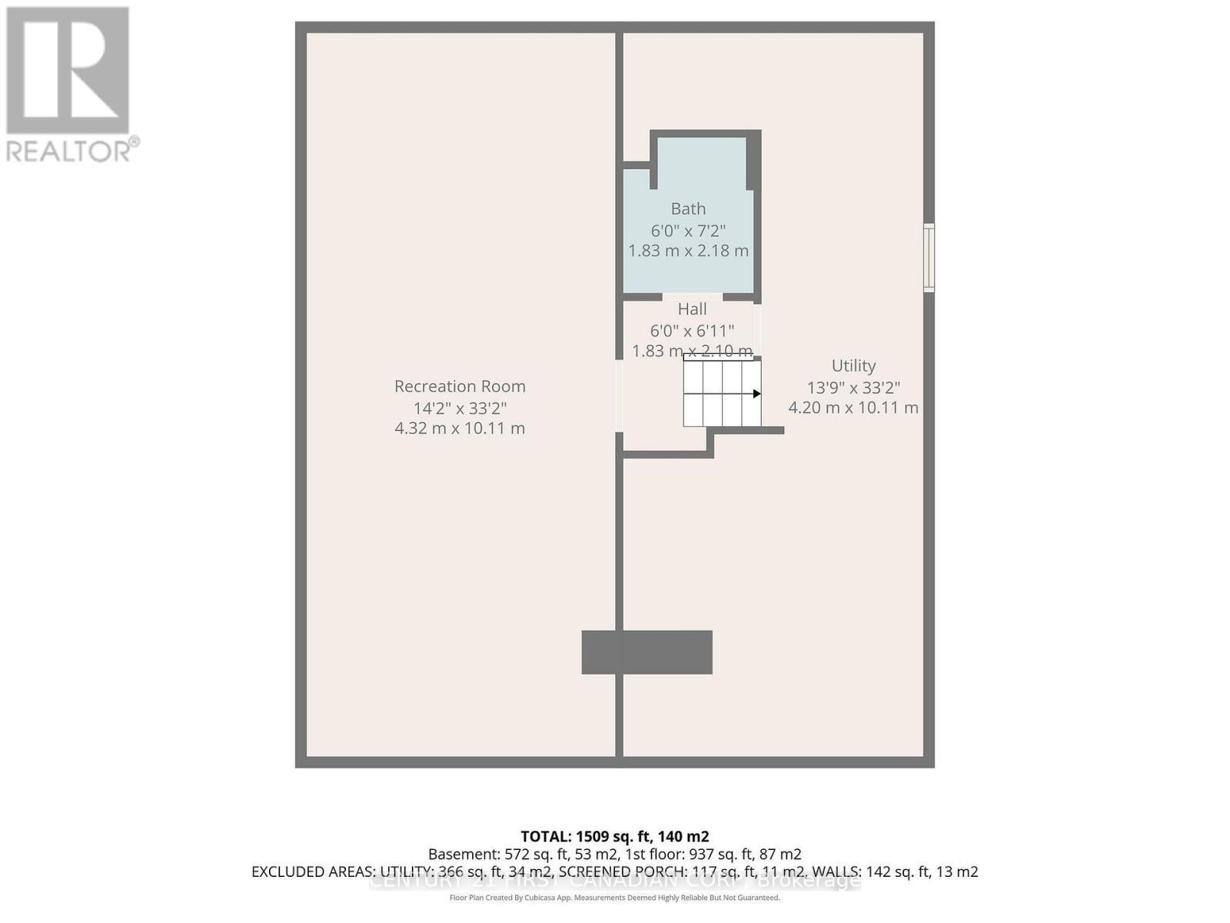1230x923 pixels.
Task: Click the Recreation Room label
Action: (x=460, y=386)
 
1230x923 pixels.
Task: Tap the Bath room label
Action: (x=688, y=208)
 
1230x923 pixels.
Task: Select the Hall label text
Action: (x=692, y=309)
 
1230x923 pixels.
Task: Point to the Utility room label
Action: (x=853, y=366)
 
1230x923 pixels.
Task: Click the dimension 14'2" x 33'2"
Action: (x=460, y=408)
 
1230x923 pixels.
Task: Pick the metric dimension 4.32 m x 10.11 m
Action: (x=460, y=428)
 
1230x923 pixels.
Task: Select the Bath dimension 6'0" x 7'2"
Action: (x=688, y=230)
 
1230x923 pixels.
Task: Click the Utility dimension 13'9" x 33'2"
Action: (x=853, y=388)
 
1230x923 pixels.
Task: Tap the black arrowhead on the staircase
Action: (x=756, y=394)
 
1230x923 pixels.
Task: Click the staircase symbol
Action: (x=722, y=394)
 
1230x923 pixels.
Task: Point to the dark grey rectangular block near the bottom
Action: (x=647, y=652)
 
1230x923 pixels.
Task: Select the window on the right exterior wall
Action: (x=929, y=258)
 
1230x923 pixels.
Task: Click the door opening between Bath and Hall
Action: (x=692, y=297)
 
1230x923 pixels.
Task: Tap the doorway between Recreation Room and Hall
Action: (x=619, y=396)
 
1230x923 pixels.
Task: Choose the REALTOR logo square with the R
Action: (x=68, y=71)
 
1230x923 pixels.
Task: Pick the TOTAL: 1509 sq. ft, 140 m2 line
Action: (x=614, y=836)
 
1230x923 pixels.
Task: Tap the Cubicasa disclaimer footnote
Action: (x=614, y=898)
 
